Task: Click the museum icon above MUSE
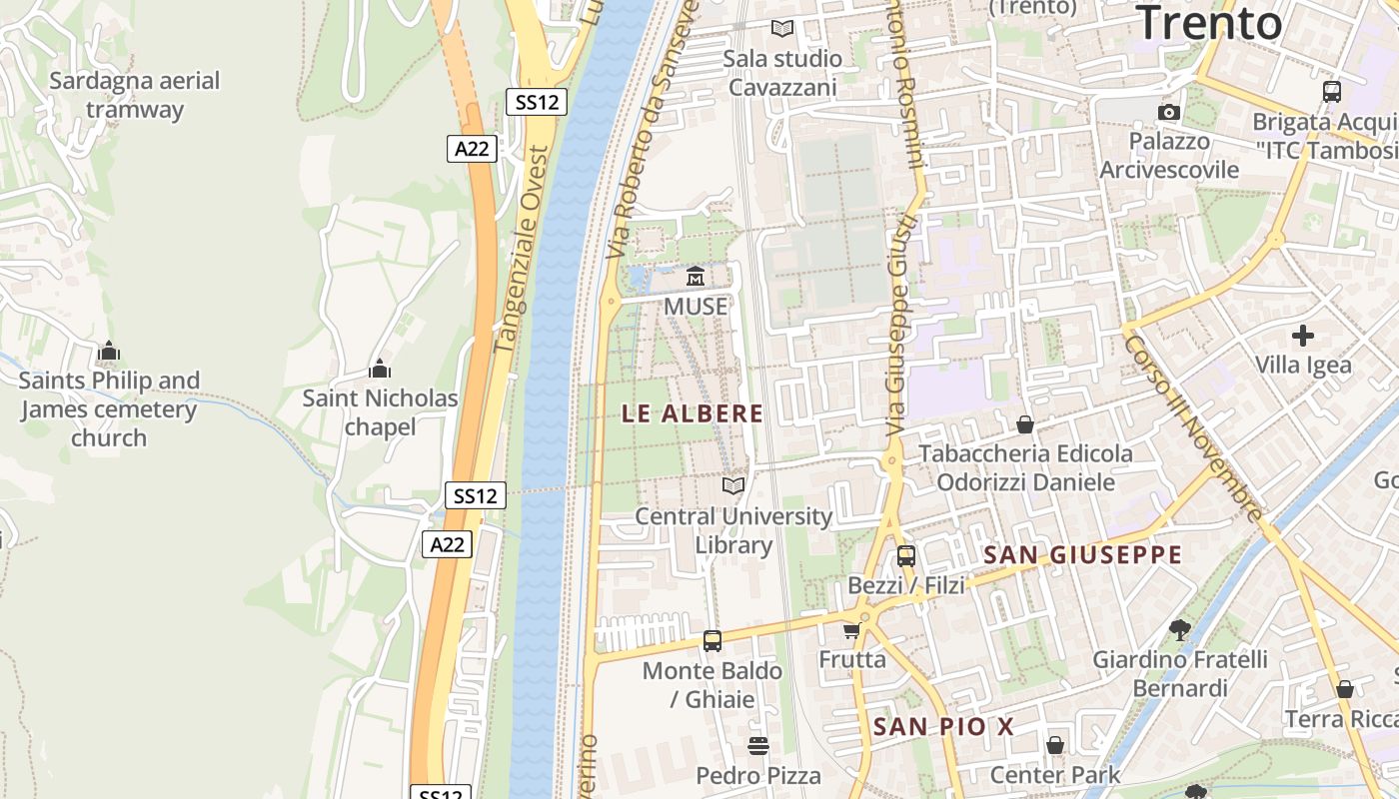696,277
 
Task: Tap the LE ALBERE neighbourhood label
693,413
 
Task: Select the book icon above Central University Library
733,486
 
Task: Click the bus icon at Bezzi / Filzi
906,556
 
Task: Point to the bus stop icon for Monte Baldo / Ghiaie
712,641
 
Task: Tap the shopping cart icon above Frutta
851,630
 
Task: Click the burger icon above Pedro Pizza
758,746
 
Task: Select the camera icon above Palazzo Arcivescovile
1169,112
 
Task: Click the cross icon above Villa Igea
1303,336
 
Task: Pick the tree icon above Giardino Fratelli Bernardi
1180,629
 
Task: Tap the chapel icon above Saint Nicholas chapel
379,370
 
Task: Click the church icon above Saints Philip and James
108,352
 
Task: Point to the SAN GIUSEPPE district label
1083,555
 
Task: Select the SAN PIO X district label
944,727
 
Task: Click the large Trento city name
1210,23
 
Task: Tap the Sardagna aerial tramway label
135,95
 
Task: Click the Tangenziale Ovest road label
523,251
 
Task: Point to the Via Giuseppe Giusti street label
900,329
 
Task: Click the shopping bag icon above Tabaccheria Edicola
1025,425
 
